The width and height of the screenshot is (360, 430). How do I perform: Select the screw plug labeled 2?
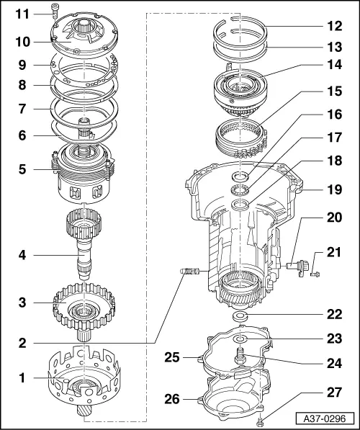pos(186,272)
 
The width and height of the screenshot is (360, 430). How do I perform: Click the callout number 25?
pos(190,356)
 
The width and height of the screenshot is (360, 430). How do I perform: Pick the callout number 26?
pos(190,398)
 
